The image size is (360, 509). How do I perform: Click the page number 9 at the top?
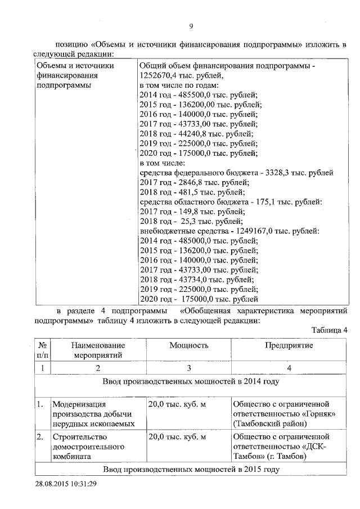tap(191, 26)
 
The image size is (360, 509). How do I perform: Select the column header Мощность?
tap(189, 346)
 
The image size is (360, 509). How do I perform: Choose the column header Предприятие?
tap(289, 346)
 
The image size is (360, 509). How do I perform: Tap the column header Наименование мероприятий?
tap(98, 350)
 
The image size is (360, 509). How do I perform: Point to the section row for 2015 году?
tap(191, 469)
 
